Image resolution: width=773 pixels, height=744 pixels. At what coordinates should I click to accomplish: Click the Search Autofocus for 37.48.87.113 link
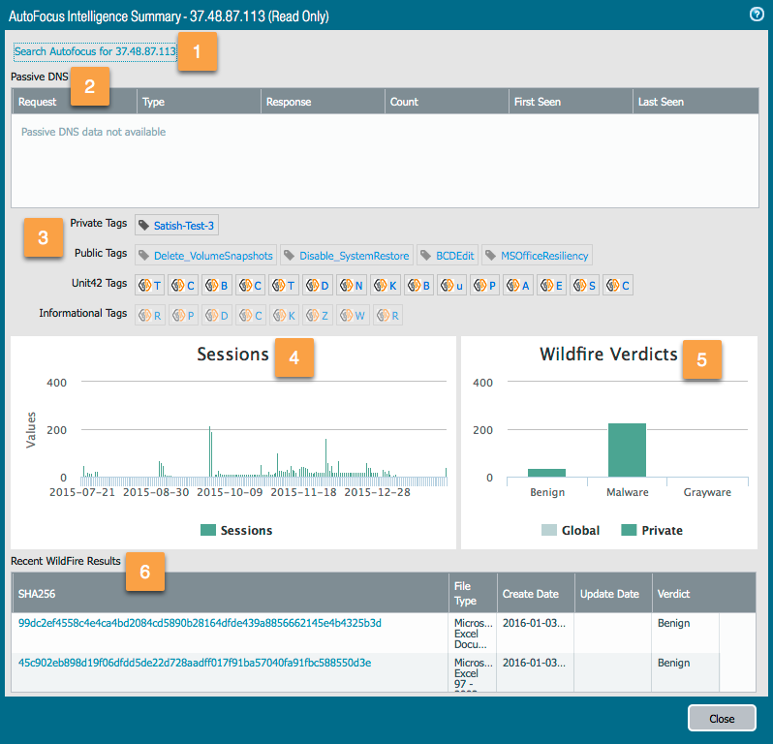(x=95, y=51)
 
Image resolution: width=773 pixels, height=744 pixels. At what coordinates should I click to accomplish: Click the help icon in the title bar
(x=757, y=15)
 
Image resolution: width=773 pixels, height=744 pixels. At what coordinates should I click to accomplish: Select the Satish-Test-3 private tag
(x=176, y=226)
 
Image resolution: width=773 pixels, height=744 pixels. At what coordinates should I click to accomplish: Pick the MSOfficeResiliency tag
(x=538, y=256)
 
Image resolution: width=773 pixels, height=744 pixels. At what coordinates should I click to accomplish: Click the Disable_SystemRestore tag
(x=347, y=256)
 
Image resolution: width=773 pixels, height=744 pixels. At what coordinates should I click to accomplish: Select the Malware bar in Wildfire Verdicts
(x=627, y=450)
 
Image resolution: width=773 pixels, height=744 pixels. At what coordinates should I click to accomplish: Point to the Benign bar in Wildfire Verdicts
(x=546, y=472)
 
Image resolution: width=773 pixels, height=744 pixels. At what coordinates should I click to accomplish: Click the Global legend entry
(x=572, y=530)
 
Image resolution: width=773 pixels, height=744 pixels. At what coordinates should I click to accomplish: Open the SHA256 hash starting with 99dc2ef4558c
(x=200, y=623)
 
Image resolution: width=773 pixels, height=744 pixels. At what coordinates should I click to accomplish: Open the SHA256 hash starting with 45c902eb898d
(x=195, y=663)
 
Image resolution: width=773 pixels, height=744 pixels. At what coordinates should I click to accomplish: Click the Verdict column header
(x=674, y=593)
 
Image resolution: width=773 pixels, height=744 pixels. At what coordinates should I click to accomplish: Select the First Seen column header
(x=538, y=102)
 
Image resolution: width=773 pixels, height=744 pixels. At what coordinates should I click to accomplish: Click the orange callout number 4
(x=294, y=357)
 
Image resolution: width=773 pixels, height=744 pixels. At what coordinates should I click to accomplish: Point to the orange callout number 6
(x=144, y=572)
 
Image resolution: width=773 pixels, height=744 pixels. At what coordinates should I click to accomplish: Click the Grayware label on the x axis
(x=707, y=492)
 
